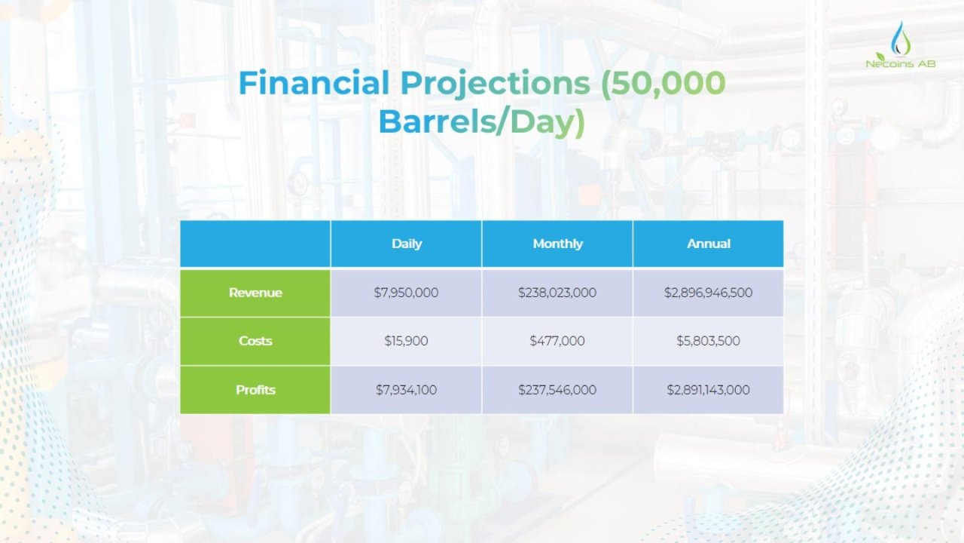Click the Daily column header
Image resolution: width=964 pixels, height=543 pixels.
click(406, 244)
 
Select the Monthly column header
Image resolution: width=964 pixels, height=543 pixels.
click(557, 244)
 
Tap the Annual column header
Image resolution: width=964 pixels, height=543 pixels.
click(709, 244)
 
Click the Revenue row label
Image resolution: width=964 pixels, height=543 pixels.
click(255, 293)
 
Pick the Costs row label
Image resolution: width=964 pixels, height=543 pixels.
click(255, 341)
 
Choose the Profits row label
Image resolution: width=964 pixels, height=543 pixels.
click(255, 390)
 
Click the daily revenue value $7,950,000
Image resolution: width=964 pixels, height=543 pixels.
click(406, 293)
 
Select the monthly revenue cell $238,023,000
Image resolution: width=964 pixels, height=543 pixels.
click(557, 293)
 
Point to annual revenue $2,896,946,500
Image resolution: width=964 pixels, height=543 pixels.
click(708, 293)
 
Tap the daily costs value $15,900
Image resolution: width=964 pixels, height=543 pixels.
click(406, 341)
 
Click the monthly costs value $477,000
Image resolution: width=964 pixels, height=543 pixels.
click(557, 341)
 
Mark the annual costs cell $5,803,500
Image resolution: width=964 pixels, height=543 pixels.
click(708, 341)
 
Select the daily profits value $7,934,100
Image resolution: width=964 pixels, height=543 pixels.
click(406, 390)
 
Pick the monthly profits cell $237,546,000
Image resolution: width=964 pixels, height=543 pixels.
click(557, 390)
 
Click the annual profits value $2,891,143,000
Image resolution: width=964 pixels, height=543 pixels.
click(708, 390)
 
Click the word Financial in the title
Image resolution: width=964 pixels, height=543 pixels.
click(314, 83)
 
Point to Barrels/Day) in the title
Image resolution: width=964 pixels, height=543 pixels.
click(482, 122)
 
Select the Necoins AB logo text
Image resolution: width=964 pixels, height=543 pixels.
click(900, 63)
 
